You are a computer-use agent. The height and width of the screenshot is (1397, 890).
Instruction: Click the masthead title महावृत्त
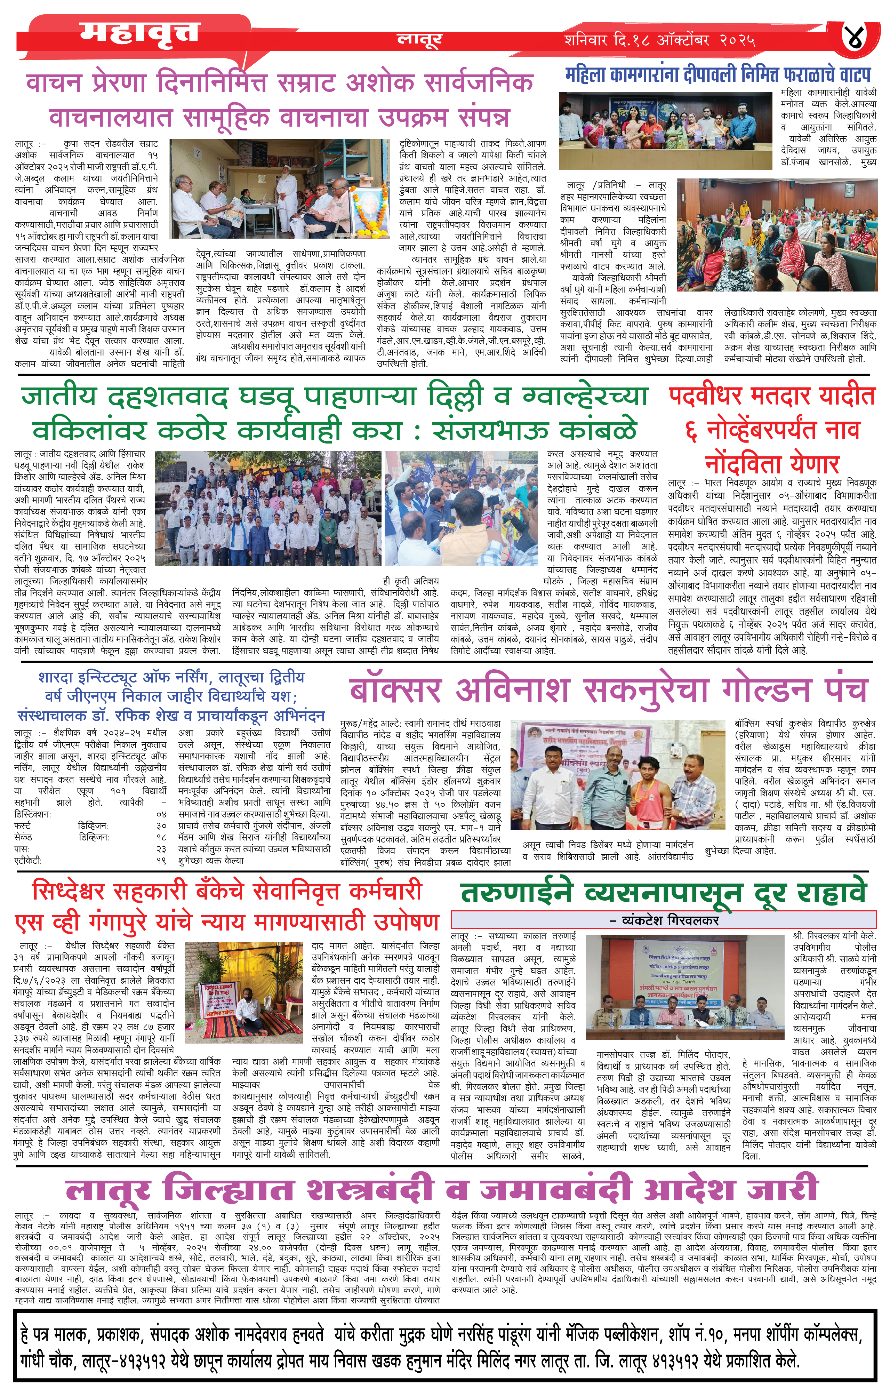click(x=139, y=33)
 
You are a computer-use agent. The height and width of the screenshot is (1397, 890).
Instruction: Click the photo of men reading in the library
click(x=279, y=189)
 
